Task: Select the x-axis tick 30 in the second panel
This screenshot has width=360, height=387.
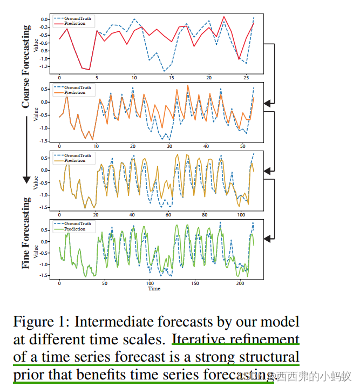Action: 169,146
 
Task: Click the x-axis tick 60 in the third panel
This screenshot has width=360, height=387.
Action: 167,215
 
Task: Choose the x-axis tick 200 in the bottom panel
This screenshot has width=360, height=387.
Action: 239,283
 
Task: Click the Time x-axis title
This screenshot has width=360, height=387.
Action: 154,289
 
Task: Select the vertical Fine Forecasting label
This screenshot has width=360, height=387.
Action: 26,233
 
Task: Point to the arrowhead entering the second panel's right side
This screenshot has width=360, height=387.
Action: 268,102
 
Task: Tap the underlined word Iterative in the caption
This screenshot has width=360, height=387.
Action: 196,340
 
